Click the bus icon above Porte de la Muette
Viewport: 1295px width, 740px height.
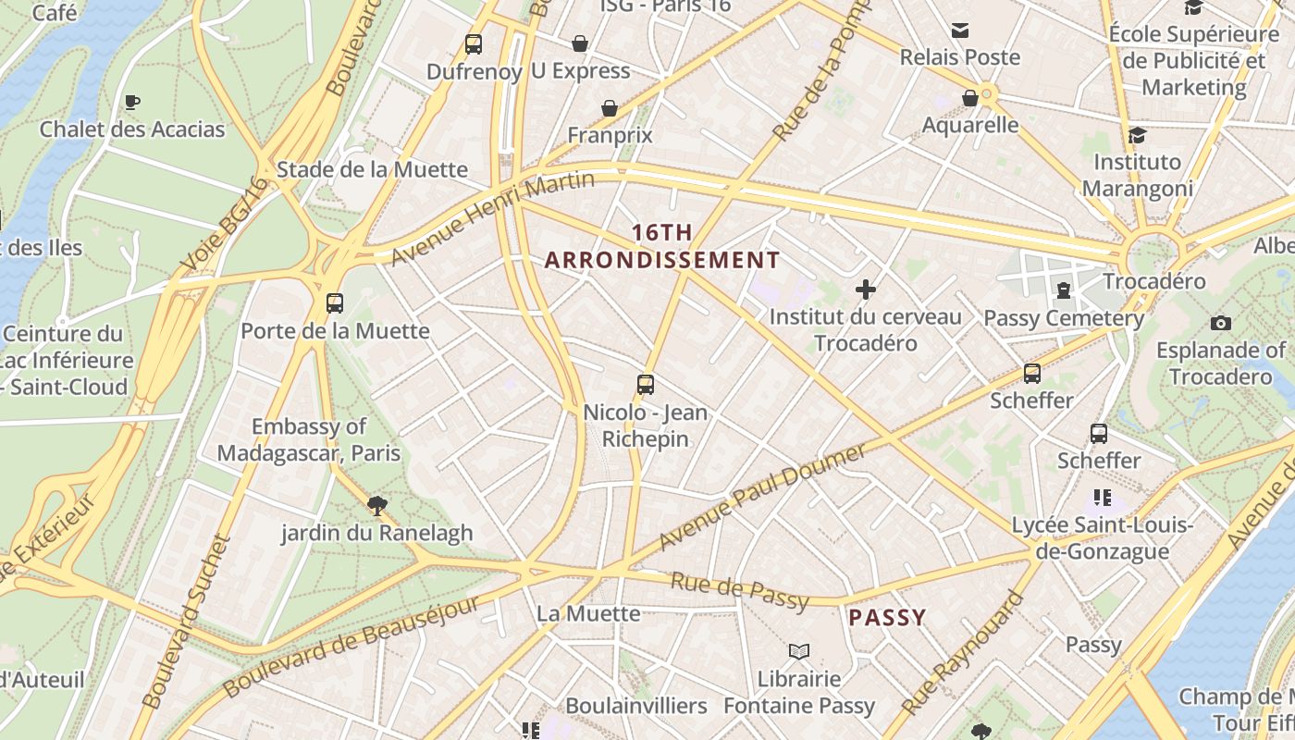(x=335, y=302)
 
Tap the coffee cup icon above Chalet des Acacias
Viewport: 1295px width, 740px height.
(x=132, y=102)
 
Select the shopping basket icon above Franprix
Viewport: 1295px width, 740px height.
(x=610, y=108)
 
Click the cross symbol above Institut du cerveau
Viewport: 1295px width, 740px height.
(x=866, y=290)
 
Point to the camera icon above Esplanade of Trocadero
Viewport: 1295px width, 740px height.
(x=1221, y=323)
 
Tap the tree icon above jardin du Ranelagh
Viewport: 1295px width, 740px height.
(x=376, y=505)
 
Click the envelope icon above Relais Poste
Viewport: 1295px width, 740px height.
(x=960, y=31)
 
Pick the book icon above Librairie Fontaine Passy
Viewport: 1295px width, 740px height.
(x=799, y=651)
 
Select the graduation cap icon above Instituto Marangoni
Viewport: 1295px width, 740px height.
(x=1137, y=135)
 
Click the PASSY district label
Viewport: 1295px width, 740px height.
(x=887, y=618)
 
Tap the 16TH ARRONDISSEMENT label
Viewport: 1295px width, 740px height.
(x=662, y=246)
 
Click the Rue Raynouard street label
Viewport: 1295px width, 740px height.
(x=963, y=654)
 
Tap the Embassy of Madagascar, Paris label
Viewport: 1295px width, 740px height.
(x=309, y=439)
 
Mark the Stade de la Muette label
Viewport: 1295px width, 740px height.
(x=372, y=169)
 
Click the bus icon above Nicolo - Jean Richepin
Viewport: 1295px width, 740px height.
(x=646, y=385)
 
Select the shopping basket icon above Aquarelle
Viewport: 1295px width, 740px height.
(x=970, y=98)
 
